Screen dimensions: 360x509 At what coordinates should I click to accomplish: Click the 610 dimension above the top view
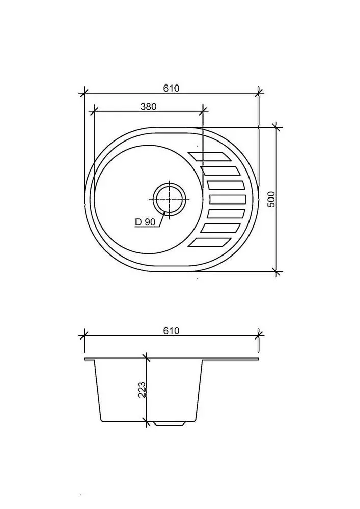pos(171,88)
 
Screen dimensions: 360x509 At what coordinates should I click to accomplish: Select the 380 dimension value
pos(148,106)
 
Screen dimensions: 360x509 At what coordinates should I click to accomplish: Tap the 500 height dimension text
pos(271,200)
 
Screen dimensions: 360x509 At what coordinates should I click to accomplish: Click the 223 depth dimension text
pos(142,389)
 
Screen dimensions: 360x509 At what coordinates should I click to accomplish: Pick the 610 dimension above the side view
pos(171,331)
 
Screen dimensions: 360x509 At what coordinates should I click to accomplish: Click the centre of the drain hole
pos(169,200)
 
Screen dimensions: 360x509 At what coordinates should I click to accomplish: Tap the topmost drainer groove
pos(210,156)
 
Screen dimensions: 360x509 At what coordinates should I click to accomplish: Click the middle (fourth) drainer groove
pos(227,200)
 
